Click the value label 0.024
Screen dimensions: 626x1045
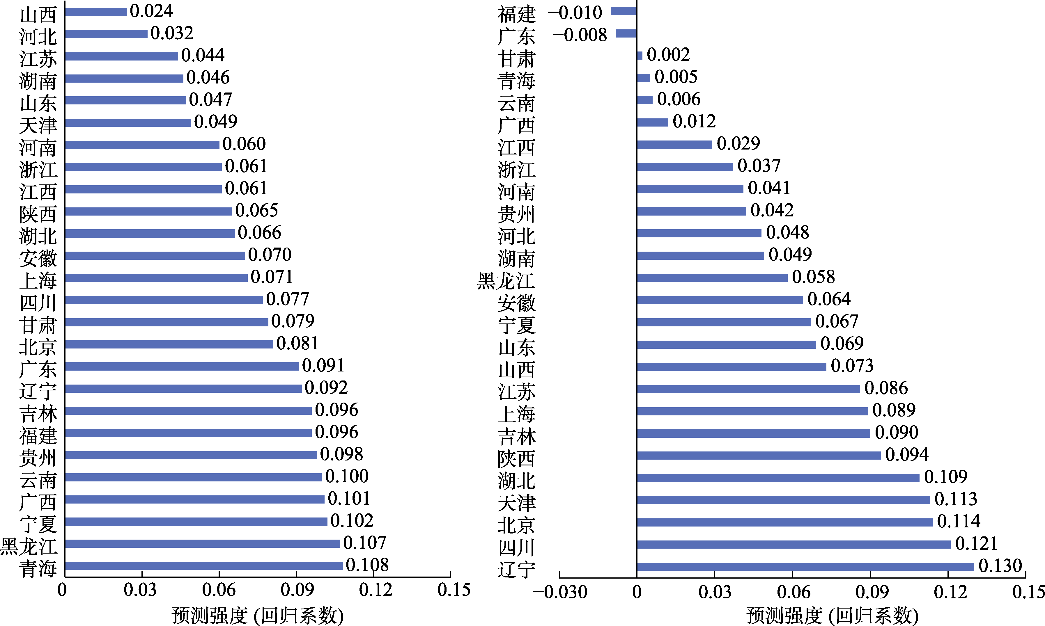point(151,11)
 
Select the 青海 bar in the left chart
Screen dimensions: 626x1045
point(203,566)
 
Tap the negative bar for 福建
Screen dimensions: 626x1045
point(624,11)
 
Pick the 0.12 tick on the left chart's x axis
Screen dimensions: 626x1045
point(375,590)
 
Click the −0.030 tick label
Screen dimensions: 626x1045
point(560,592)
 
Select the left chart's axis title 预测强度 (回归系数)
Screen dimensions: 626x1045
point(257,616)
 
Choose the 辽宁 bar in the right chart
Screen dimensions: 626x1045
point(805,567)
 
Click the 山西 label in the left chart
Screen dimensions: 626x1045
point(38,15)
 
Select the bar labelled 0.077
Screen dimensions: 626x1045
point(164,300)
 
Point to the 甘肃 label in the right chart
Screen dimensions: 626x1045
point(516,59)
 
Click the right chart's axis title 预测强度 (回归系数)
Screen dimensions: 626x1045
point(832,616)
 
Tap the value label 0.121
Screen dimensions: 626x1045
point(976,543)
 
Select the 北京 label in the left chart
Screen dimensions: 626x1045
point(38,347)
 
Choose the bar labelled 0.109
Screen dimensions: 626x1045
point(778,478)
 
